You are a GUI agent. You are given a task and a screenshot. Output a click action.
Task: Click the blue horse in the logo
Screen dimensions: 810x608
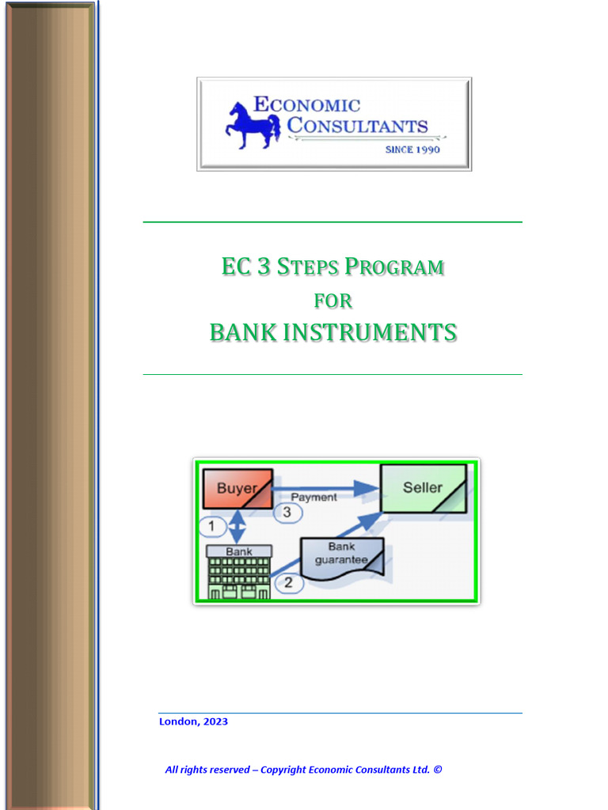pyautogui.click(x=252, y=124)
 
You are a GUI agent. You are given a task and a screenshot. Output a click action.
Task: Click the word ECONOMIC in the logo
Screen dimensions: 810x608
pyautogui.click(x=306, y=104)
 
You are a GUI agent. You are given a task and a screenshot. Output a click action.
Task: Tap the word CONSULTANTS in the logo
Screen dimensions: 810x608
pyautogui.click(x=357, y=126)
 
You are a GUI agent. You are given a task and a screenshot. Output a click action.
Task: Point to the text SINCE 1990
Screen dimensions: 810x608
pyautogui.click(x=412, y=150)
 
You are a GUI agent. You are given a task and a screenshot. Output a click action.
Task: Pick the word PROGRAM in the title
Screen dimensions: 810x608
pyautogui.click(x=394, y=267)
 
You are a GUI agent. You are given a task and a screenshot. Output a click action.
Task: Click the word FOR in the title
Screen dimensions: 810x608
pyautogui.click(x=333, y=301)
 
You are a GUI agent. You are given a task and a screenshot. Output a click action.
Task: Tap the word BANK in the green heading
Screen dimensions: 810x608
pyautogui.click(x=243, y=332)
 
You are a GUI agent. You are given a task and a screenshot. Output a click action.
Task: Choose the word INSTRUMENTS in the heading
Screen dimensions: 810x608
pyautogui.click(x=370, y=332)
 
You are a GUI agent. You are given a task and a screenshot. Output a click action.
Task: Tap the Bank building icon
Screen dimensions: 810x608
pyautogui.click(x=238, y=572)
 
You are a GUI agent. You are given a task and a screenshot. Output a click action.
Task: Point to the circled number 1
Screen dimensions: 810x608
pyautogui.click(x=211, y=525)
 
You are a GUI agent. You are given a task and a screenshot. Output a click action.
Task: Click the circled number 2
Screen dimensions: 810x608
pyautogui.click(x=288, y=584)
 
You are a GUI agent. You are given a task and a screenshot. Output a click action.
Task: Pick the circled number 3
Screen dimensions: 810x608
pyautogui.click(x=287, y=513)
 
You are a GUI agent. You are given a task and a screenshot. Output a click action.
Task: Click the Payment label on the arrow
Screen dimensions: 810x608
pyautogui.click(x=313, y=497)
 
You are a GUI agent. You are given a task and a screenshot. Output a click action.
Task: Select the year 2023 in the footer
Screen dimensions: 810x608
pyautogui.click(x=215, y=721)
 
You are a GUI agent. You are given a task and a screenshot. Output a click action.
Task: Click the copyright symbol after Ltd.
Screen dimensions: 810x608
pyautogui.click(x=438, y=770)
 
